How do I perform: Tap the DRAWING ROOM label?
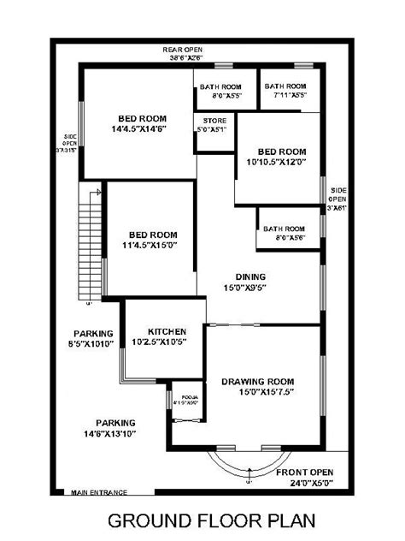coord(257,382)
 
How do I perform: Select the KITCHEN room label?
coord(167,331)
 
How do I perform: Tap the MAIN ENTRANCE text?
coord(99,492)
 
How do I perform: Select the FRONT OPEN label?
coord(305,472)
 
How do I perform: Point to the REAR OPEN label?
coord(182,51)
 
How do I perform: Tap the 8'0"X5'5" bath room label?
coord(220,96)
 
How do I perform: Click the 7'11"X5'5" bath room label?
coord(285,96)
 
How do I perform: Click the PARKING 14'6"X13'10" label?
coord(115,433)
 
